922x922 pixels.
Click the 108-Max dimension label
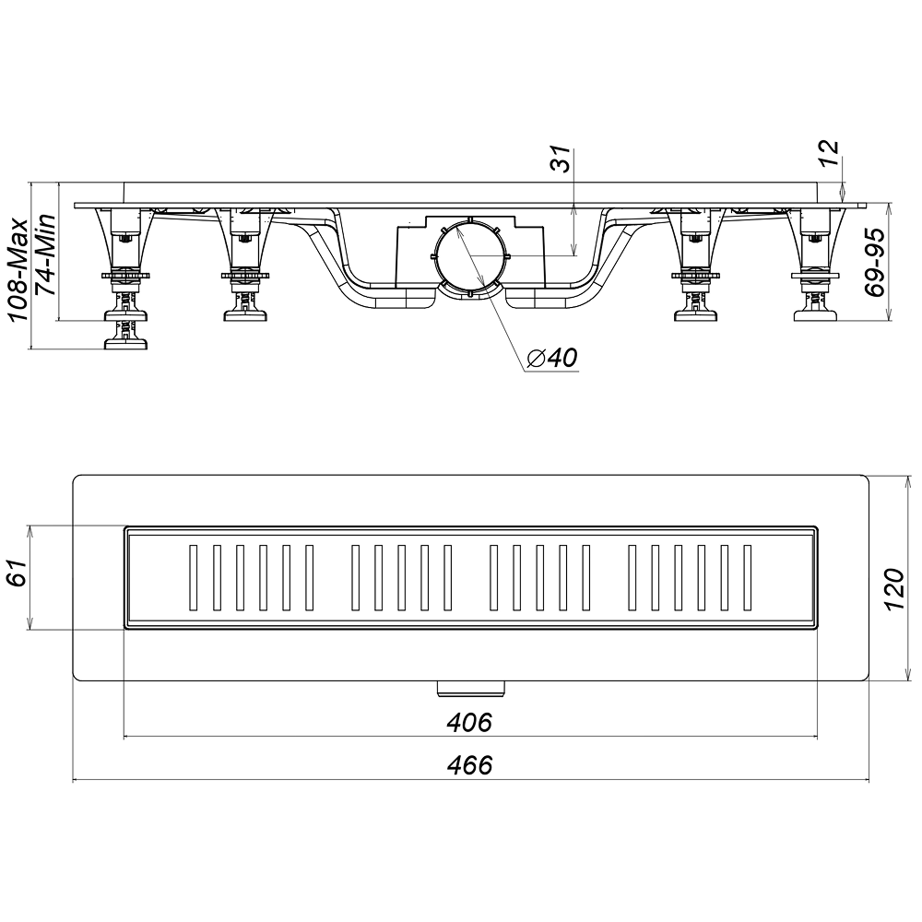(x=18, y=269)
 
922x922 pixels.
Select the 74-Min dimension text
(x=44, y=254)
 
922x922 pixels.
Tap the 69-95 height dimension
(x=875, y=262)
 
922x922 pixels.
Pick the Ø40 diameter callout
(x=552, y=357)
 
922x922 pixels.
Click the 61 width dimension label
(x=18, y=573)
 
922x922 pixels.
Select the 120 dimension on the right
(x=895, y=589)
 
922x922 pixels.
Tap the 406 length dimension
(x=468, y=722)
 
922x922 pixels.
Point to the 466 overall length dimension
(x=469, y=765)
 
